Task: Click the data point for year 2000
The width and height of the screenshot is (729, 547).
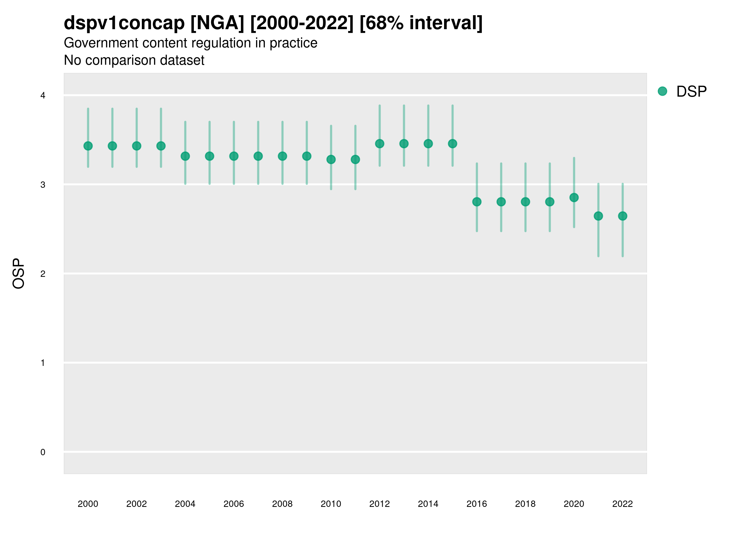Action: [88, 146]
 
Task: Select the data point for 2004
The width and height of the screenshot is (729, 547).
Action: [185, 156]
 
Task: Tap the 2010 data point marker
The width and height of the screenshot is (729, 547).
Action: [331, 160]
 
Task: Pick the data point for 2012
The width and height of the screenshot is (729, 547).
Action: [380, 144]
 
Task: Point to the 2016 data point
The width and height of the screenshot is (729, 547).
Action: [477, 202]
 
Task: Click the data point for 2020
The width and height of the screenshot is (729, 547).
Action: [574, 198]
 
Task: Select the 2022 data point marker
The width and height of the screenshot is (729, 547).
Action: [623, 216]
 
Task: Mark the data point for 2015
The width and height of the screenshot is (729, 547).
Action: [453, 144]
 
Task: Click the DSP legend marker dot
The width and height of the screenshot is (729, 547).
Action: [662, 91]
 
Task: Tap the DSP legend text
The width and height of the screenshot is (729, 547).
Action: [691, 92]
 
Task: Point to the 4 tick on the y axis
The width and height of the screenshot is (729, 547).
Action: [43, 96]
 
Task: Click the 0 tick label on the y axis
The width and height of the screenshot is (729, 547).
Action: [43, 452]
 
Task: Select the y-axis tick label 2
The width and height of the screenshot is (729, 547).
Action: [43, 274]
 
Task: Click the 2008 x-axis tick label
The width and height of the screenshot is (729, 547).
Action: [282, 504]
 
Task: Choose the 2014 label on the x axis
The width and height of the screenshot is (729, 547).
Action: [428, 504]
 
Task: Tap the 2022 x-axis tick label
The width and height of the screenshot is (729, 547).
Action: [623, 504]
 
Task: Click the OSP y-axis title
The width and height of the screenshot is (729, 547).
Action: [19, 274]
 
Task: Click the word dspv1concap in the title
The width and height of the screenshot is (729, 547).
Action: [124, 23]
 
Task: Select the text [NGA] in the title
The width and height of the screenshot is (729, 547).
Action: [217, 23]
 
